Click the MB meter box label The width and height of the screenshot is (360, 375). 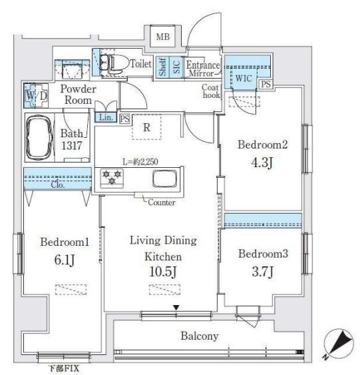(x=163, y=37)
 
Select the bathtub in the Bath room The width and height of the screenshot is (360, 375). (x=39, y=137)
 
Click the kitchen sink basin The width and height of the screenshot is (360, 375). (x=165, y=179)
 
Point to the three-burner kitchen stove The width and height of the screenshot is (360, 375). (x=112, y=178)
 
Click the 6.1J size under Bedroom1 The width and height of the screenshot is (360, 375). (x=65, y=260)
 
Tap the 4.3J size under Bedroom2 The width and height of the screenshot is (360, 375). (x=262, y=163)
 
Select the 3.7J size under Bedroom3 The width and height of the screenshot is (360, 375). (x=263, y=272)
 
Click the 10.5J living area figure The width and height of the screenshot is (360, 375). (x=163, y=272)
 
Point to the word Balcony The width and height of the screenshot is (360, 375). (x=200, y=336)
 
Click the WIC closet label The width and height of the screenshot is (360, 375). (x=244, y=78)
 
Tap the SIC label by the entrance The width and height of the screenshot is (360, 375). (x=176, y=67)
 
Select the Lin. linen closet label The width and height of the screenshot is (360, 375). (x=106, y=117)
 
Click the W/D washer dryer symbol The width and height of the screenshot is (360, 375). (x=36, y=96)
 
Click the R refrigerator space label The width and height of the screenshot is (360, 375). (x=146, y=127)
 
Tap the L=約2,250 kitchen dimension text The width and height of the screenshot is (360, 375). (x=140, y=162)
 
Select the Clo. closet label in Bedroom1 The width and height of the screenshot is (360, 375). (x=58, y=185)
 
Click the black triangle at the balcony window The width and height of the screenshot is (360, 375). (x=176, y=308)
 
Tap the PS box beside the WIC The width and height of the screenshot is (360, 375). (x=266, y=84)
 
